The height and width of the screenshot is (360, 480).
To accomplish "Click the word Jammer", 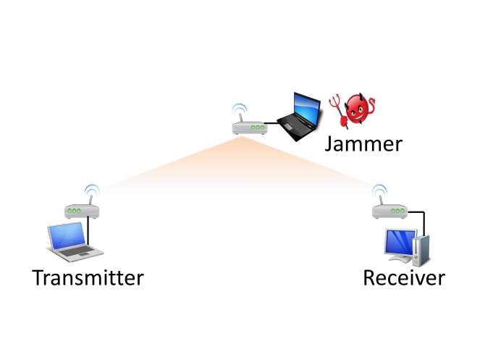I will (x=363, y=144).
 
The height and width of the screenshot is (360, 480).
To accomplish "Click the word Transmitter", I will (x=88, y=277).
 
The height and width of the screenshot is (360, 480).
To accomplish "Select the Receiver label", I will (x=403, y=278).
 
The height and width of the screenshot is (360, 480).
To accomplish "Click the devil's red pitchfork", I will (x=335, y=109).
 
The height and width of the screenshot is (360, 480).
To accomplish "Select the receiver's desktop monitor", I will (x=400, y=243).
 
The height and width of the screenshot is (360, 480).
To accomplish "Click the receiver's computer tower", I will (x=424, y=247).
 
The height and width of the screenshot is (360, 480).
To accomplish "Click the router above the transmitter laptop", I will (x=82, y=211).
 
